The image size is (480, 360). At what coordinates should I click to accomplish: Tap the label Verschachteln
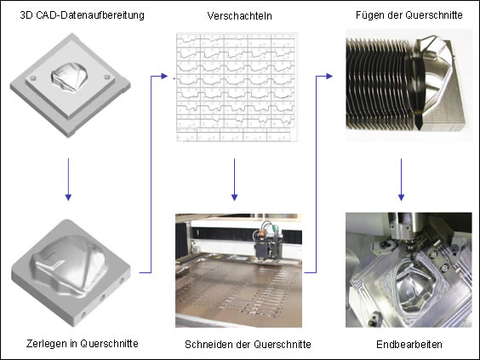[x=239, y=16]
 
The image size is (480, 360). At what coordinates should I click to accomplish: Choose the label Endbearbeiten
[x=409, y=345]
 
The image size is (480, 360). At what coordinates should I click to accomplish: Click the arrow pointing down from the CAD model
[x=68, y=180]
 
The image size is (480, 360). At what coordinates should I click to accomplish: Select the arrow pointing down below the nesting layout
[x=235, y=180]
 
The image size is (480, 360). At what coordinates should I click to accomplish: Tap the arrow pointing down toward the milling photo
[x=401, y=180]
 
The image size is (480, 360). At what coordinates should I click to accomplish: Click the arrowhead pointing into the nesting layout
[x=164, y=76]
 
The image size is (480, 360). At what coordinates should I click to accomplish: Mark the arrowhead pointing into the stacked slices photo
[x=329, y=76]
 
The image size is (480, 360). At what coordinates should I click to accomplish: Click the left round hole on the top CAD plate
[x=33, y=78]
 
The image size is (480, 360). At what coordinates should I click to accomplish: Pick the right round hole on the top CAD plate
[x=107, y=77]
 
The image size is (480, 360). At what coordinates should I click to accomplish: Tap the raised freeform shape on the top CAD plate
[x=69, y=77]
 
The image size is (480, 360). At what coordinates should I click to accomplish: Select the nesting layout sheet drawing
[x=237, y=87]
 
